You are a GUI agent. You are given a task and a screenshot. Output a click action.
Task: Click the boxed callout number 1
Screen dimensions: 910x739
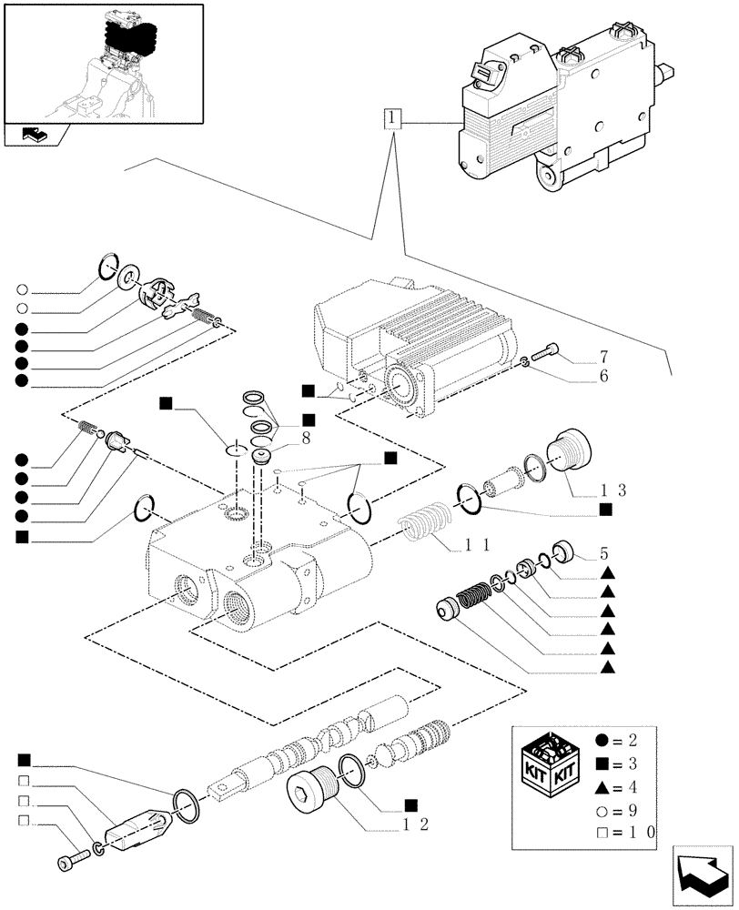pos(391,119)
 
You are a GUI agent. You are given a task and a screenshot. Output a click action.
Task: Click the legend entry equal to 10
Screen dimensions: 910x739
pos(629,831)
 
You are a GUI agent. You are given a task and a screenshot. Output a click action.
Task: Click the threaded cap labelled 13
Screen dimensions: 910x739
pos(570,450)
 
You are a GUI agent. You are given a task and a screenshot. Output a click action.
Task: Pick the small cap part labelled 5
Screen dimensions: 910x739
pos(563,551)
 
